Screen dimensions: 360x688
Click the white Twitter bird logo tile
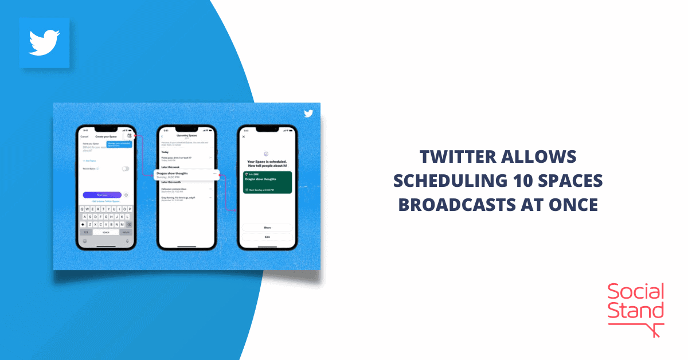pyautogui.click(x=44, y=43)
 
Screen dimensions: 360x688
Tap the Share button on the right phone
pyautogui.click(x=267, y=228)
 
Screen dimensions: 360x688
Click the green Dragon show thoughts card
pyautogui.click(x=267, y=182)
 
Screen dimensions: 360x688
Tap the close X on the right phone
pyautogui.click(x=244, y=137)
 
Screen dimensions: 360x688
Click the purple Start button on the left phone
pyautogui.click(x=101, y=195)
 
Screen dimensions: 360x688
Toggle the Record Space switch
pyautogui.click(x=125, y=169)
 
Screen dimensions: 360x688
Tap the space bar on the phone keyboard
pyautogui.click(x=106, y=232)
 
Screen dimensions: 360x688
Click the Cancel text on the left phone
pyautogui.click(x=84, y=137)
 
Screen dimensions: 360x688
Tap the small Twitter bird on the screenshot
pyautogui.click(x=308, y=113)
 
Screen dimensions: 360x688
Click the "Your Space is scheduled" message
pyautogui.click(x=267, y=163)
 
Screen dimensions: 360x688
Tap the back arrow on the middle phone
pyautogui.click(x=162, y=136)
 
